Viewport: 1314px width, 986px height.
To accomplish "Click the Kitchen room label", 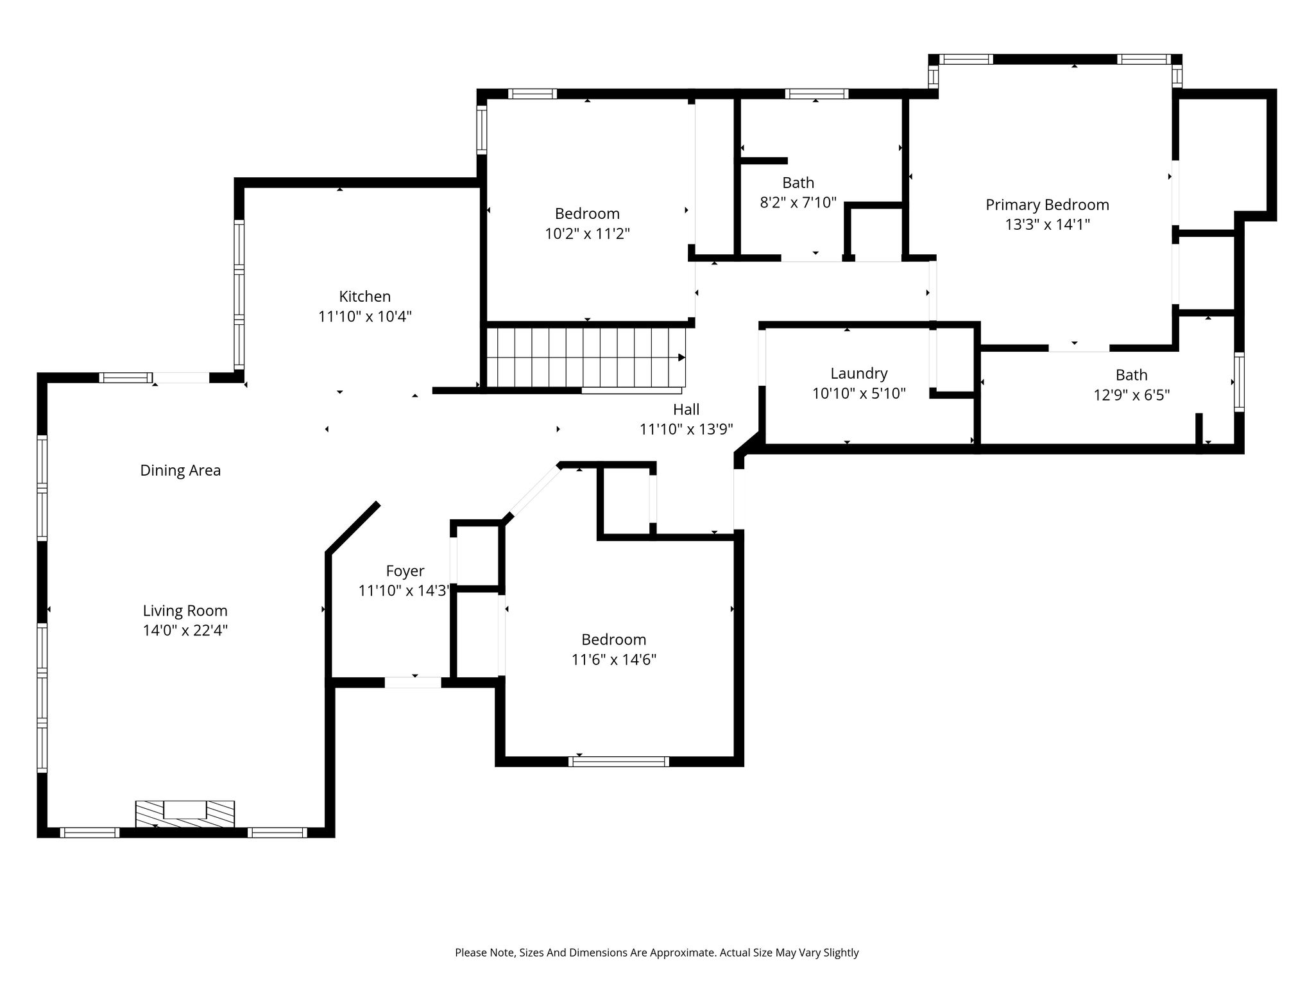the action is [364, 297].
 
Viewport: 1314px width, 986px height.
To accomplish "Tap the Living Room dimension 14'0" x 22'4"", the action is [185, 630].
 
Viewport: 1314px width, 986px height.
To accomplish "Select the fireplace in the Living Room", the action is [185, 813].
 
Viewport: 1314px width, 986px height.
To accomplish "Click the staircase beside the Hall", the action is [586, 358].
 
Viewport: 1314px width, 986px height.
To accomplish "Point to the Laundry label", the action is [859, 374].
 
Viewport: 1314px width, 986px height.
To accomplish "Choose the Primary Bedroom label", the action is [1047, 205].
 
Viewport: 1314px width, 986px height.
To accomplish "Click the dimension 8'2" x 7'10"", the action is [798, 203].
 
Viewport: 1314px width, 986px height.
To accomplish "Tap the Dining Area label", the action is [180, 471].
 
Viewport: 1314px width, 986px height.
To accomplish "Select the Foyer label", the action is [405, 571].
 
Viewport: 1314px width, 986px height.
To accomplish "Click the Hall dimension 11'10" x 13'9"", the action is [686, 429].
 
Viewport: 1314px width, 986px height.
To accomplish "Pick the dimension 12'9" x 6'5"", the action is [1131, 395].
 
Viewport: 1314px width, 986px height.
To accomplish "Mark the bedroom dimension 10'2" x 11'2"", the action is [587, 234].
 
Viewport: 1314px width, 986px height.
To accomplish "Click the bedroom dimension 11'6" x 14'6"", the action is [614, 660].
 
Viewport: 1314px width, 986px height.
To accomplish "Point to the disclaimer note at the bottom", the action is [656, 953].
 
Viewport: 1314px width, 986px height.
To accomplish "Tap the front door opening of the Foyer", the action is [413, 682].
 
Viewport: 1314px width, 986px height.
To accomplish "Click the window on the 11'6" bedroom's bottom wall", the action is [619, 761].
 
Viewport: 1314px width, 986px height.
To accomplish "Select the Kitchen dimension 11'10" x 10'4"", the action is [364, 316].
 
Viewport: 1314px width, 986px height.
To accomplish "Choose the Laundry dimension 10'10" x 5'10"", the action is [859, 394].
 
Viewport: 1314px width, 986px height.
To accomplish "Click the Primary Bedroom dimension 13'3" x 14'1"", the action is [1047, 225].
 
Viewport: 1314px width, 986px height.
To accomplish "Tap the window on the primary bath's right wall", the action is [1239, 382].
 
